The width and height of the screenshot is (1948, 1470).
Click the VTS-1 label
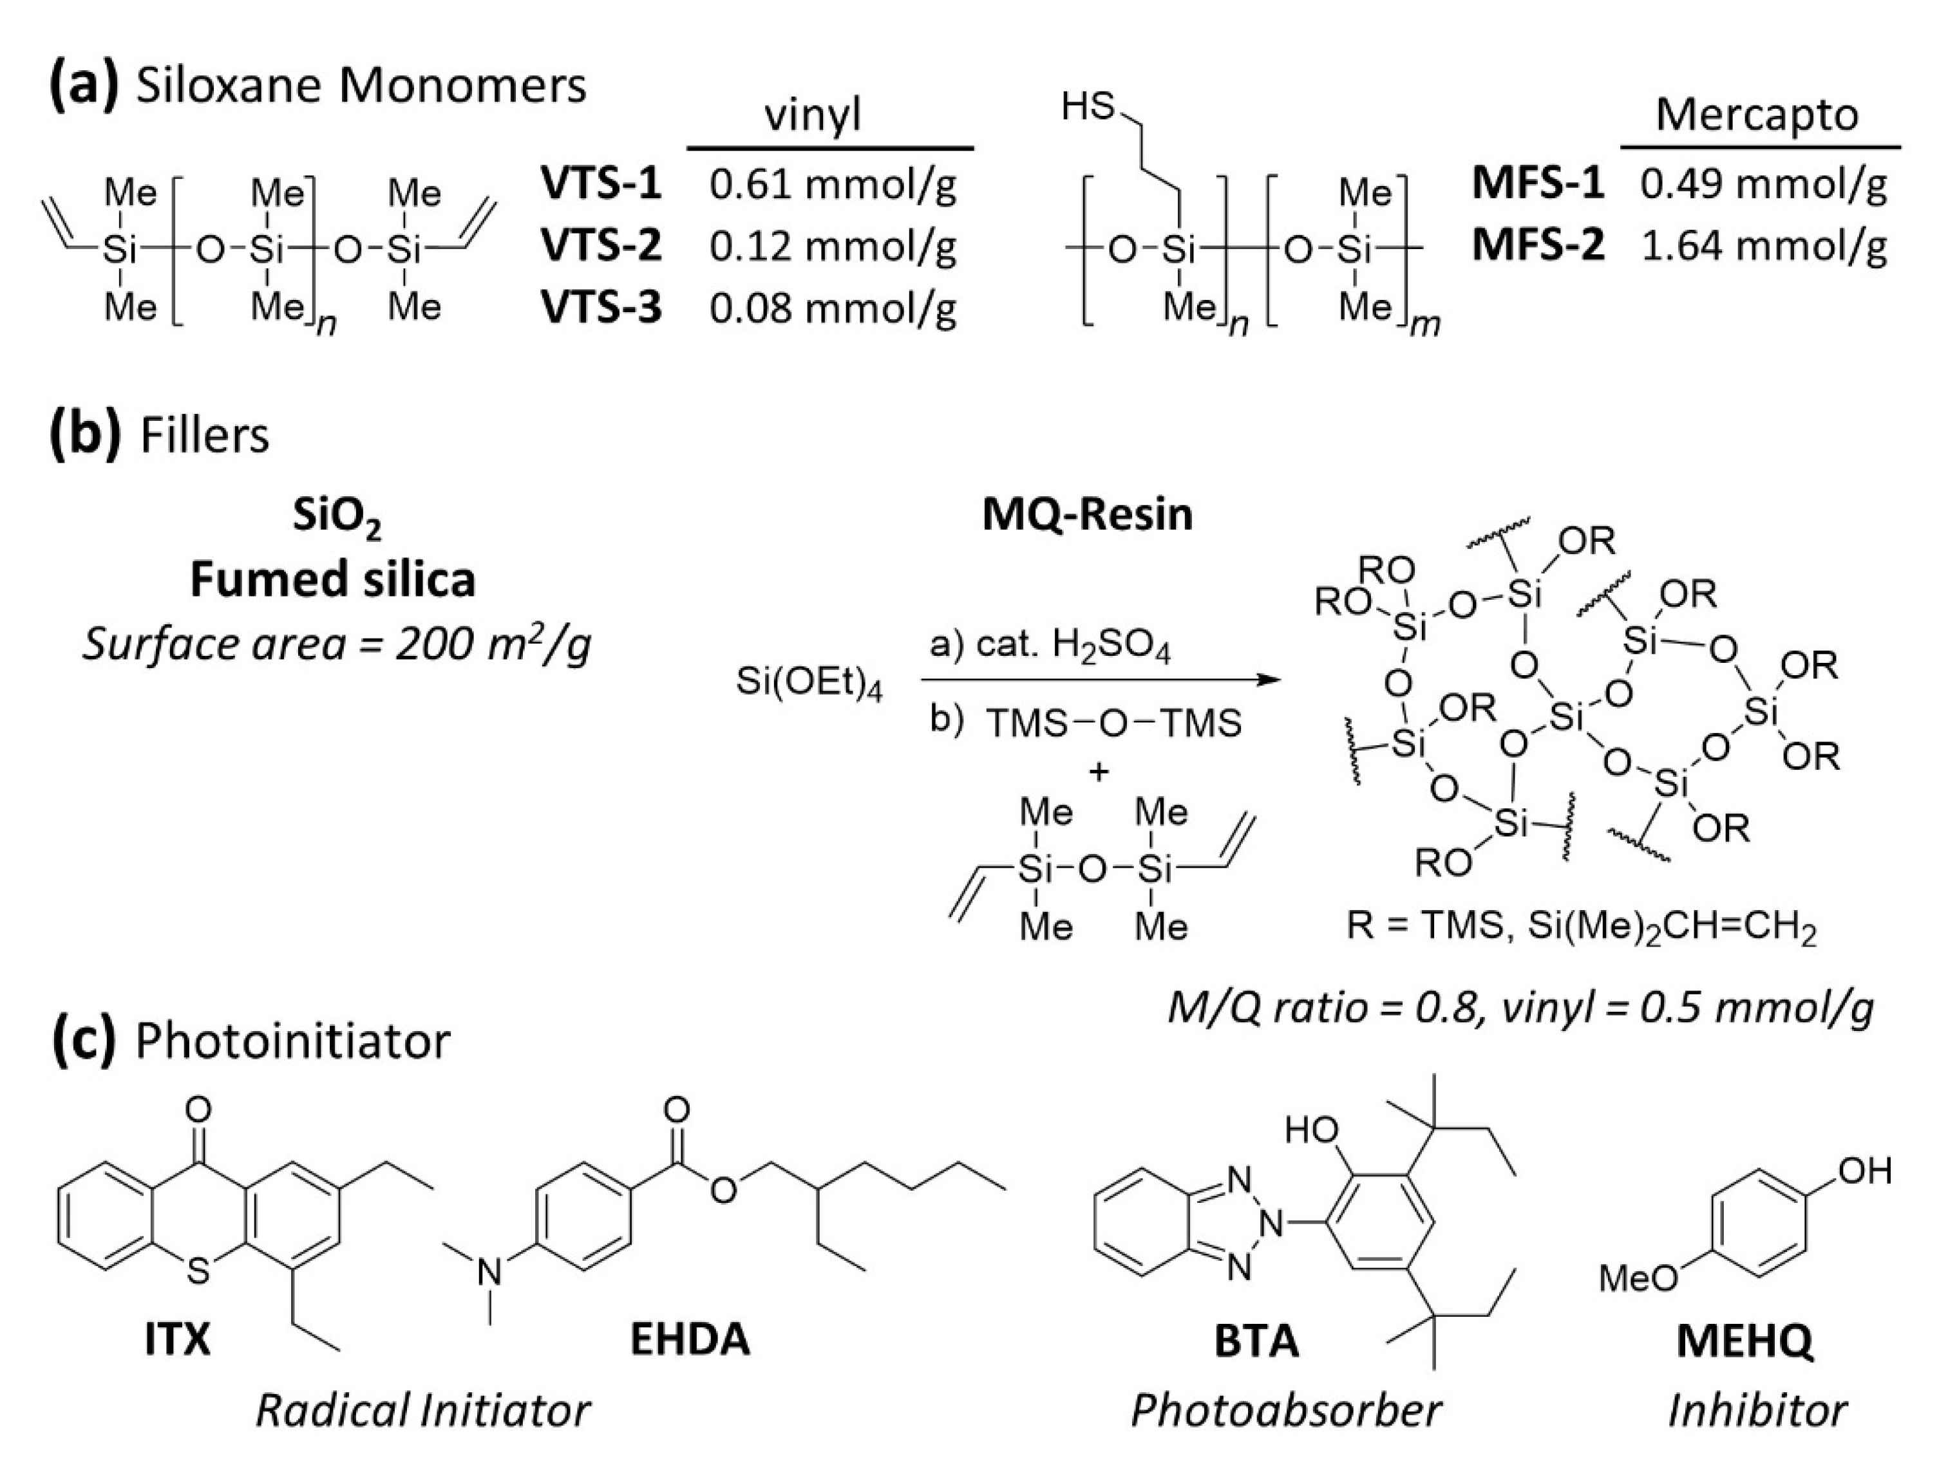pos(601,185)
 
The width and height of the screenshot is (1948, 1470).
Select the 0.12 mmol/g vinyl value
pos(832,247)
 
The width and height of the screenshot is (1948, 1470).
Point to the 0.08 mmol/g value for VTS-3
pos(832,309)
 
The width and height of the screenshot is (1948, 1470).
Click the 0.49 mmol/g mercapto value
pos(1763,185)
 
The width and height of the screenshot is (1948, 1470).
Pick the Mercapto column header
pos(1757,115)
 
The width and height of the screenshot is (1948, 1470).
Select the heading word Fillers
pos(204,436)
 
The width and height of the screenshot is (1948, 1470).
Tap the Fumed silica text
pos(333,580)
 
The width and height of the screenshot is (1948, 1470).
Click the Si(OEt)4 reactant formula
pos(808,682)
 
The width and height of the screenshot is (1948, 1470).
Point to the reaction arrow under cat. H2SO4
pos(1100,680)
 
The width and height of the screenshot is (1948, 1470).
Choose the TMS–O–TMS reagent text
pos(1114,723)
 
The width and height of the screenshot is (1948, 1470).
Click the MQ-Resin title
pos(1087,514)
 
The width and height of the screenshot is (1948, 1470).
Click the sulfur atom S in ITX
pos(199,1272)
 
